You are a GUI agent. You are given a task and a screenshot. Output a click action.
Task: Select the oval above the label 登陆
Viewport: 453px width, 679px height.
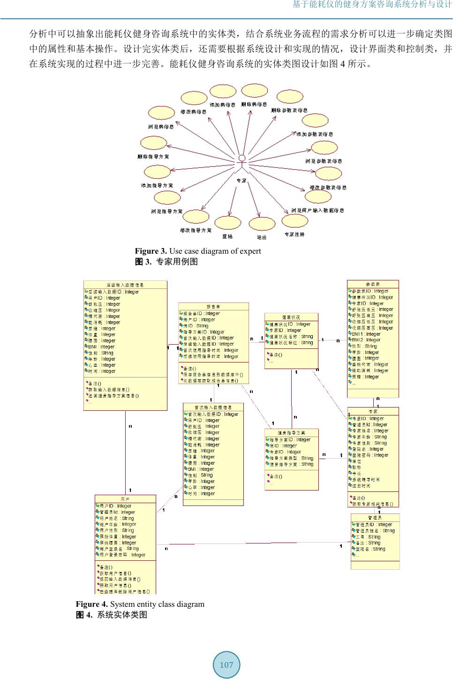tap(228, 223)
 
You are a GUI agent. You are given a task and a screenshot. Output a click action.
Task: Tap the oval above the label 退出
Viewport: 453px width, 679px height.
tap(262, 224)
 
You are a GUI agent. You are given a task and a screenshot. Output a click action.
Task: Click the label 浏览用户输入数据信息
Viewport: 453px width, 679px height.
tap(317, 210)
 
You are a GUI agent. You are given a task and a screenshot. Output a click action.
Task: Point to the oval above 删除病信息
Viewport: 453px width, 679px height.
tap(254, 91)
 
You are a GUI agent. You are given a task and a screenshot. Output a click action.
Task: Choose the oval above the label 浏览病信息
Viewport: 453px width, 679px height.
tap(161, 113)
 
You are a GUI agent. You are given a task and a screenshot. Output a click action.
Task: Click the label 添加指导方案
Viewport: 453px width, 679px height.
tap(157, 186)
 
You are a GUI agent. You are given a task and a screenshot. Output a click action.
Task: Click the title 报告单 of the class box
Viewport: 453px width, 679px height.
tap(213, 307)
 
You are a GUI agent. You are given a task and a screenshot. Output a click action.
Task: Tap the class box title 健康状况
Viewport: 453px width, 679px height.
tap(291, 317)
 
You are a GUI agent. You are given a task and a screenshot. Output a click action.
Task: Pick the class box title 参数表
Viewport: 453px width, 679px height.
tap(373, 284)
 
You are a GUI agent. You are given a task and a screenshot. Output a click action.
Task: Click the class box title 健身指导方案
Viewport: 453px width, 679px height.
tap(291, 433)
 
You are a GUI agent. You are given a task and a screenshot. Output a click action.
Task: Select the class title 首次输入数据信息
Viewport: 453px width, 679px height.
tap(213, 407)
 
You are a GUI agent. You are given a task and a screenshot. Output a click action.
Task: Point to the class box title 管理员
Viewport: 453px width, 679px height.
tap(375, 518)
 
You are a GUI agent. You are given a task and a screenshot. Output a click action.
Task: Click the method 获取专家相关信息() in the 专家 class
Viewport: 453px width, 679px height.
tap(372, 504)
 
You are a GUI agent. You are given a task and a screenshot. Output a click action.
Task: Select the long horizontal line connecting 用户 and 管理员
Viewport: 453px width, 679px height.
tap(253, 543)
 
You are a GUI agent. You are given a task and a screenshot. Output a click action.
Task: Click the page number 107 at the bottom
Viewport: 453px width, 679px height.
tap(226, 665)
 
